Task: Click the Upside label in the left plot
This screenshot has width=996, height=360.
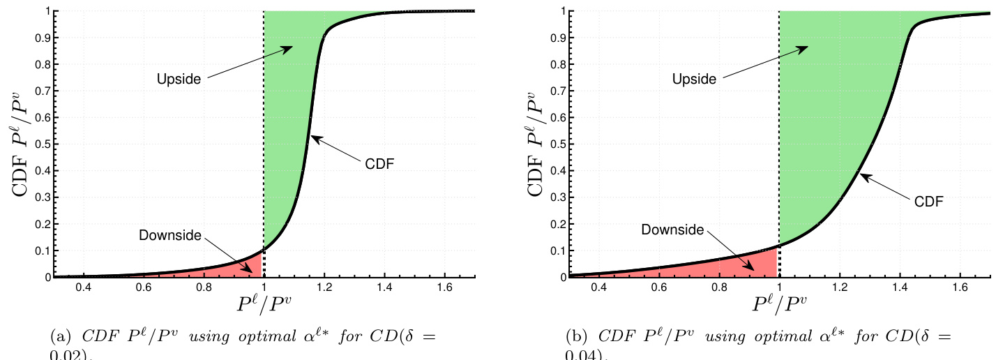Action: pos(178,79)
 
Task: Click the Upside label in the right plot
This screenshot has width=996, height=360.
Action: pos(694,79)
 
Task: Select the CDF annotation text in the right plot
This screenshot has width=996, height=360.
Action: pos(928,202)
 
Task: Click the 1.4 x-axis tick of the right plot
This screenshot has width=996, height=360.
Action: pos(900,287)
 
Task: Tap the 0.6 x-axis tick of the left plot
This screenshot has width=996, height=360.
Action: pos(143,287)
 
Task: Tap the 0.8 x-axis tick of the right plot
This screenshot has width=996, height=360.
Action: pos(720,287)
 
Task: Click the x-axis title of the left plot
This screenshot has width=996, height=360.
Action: pos(264,306)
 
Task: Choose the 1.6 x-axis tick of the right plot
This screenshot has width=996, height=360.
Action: pos(960,287)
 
